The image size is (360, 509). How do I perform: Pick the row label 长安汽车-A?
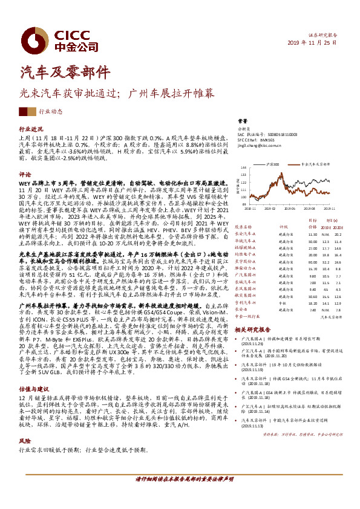pyautogui.click(x=246, y=234)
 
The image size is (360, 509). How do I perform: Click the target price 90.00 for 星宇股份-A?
pyautogui.click(x=312, y=262)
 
